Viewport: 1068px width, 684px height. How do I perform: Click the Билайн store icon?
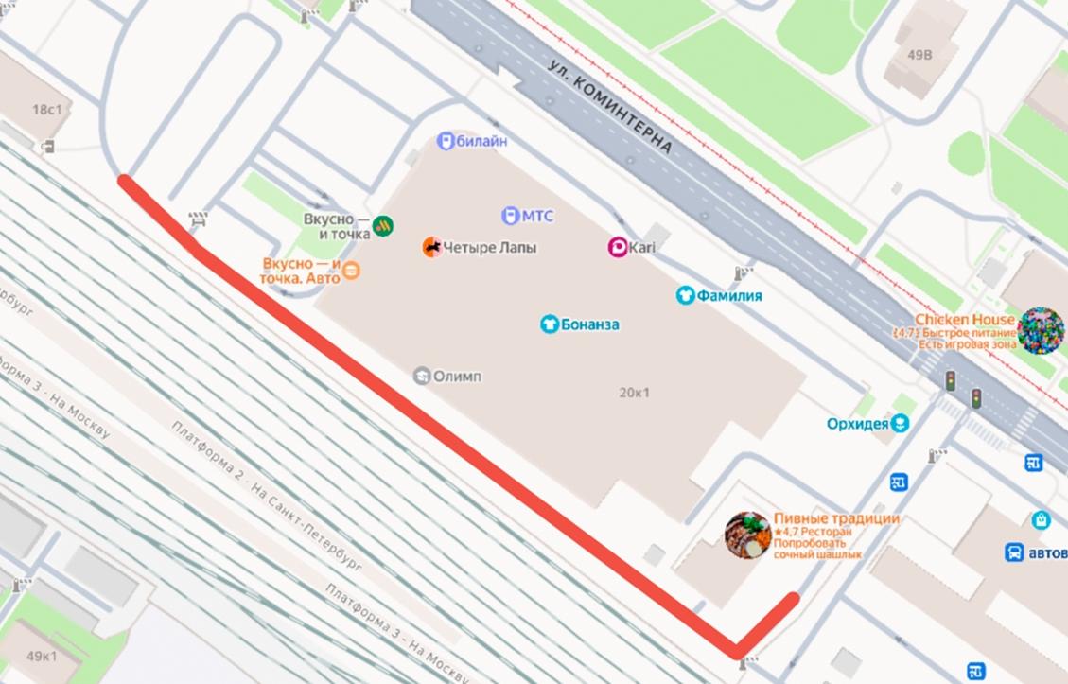point(446,141)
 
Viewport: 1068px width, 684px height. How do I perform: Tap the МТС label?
point(536,217)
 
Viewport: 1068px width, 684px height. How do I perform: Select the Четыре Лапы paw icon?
point(431,248)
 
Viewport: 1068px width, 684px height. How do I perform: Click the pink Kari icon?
point(617,248)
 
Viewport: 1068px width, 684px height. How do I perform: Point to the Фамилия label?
point(729,295)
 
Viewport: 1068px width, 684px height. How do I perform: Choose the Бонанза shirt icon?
point(550,324)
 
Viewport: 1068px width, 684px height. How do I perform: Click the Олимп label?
point(457,377)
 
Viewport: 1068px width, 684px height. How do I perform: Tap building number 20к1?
point(634,393)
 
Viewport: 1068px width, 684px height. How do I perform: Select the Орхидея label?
point(857,424)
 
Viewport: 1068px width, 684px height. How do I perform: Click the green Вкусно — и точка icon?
point(384,225)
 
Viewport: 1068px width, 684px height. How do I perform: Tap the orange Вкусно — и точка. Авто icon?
point(351,271)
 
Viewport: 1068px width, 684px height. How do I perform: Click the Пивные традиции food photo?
point(747,535)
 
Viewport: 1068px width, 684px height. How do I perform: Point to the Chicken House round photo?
point(1041,330)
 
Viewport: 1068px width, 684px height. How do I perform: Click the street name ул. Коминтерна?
point(610,105)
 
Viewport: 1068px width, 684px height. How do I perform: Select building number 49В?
point(919,55)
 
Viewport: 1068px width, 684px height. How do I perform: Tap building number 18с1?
point(46,110)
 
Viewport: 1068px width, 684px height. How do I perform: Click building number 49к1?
point(42,656)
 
